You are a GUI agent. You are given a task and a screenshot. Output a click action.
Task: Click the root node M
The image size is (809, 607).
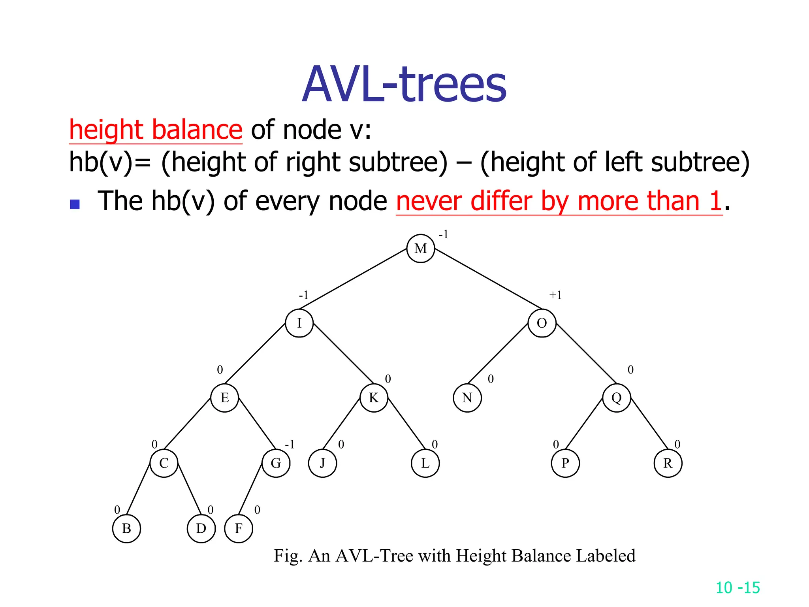[421, 248]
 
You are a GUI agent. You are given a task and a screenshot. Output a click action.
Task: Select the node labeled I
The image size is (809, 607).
[299, 323]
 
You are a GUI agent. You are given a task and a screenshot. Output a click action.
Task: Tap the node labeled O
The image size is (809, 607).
[542, 323]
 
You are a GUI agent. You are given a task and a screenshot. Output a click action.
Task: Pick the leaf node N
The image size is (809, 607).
[467, 398]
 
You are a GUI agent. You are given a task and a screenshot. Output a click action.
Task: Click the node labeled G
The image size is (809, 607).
[276, 463]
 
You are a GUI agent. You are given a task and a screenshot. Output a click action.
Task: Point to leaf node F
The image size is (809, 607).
[238, 528]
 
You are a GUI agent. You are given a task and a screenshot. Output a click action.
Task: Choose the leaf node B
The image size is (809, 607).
[126, 528]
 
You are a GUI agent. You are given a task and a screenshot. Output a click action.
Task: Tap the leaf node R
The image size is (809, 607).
[668, 463]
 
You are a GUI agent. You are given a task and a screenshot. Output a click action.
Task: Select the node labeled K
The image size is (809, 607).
[374, 398]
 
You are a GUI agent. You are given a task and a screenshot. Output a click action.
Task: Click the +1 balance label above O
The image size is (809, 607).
[555, 295]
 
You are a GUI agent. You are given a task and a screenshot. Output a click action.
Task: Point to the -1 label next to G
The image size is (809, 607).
[290, 445]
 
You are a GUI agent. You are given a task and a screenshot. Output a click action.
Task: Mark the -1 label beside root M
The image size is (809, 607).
[443, 234]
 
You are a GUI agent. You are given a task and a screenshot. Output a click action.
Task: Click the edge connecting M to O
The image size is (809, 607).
[488, 278]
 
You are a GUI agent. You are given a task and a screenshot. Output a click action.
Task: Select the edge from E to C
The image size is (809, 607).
[188, 424]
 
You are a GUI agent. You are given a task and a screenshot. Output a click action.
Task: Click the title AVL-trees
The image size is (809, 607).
[404, 85]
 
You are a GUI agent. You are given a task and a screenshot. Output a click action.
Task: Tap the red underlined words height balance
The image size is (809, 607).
[155, 130]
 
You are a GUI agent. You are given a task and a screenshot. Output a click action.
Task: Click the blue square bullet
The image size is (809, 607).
[75, 204]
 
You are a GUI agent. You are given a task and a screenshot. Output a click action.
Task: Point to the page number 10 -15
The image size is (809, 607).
[738, 588]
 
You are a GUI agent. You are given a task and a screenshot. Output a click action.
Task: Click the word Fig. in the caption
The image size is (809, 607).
[288, 556]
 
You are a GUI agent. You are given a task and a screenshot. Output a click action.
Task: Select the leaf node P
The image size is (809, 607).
[565, 463]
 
